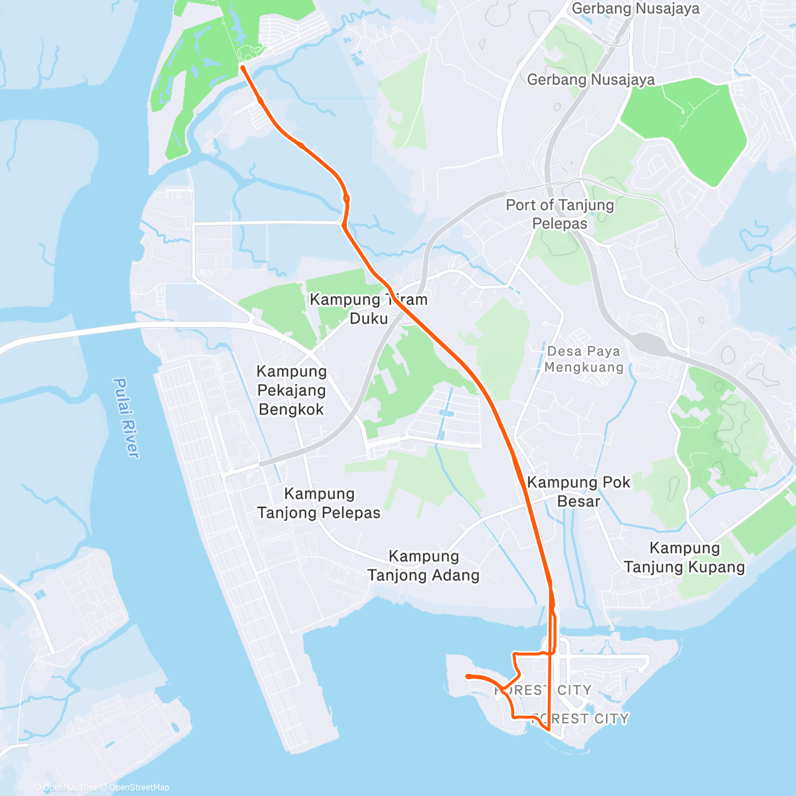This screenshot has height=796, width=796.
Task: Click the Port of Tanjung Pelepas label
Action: tap(560, 214)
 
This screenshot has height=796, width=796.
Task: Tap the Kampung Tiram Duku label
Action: tap(369, 309)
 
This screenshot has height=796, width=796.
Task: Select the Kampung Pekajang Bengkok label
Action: tap(292, 390)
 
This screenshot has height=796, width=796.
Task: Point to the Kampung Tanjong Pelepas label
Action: tap(319, 503)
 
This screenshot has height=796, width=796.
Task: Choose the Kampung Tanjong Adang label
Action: tap(424, 566)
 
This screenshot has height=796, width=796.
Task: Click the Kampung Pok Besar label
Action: tap(578, 492)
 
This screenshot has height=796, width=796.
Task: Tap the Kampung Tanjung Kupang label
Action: tap(685, 557)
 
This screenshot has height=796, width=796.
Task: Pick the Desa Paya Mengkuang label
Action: tap(584, 359)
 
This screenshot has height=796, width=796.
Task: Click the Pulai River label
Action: tap(126, 417)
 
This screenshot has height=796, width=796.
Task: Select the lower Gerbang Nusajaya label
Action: tap(591, 80)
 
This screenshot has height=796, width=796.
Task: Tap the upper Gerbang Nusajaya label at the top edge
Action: tap(635, 9)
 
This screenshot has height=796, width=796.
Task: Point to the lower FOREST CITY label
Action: tap(580, 718)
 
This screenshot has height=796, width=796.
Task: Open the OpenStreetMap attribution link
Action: tap(139, 787)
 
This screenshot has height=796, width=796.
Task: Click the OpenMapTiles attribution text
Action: tap(70, 787)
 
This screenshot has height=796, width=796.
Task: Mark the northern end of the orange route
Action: tap(243, 67)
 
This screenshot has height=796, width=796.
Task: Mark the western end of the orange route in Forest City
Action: tap(468, 676)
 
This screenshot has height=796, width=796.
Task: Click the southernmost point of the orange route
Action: tap(549, 730)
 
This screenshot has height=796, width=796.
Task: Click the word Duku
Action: tap(369, 318)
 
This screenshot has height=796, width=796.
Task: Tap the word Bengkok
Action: tap(292, 409)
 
